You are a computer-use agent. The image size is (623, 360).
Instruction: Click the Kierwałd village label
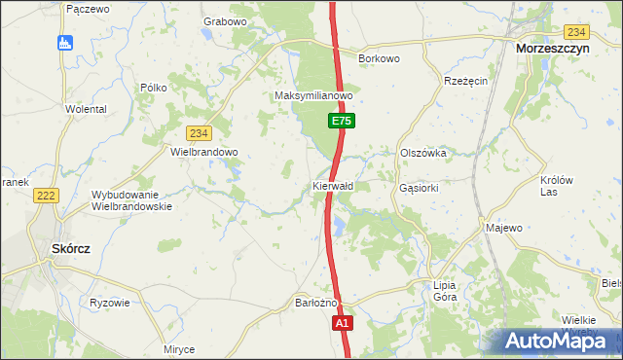(x=333, y=185)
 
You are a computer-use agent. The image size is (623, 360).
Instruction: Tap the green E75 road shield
(x=340, y=122)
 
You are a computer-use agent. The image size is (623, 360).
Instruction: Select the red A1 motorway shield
(x=341, y=323)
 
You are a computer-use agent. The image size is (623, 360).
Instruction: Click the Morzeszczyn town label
(x=560, y=48)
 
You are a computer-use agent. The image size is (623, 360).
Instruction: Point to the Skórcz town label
(x=70, y=249)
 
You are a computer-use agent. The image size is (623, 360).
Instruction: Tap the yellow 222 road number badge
(x=45, y=196)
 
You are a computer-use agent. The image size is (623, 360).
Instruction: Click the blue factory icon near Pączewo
(x=64, y=42)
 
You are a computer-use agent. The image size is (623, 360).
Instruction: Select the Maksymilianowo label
(x=312, y=97)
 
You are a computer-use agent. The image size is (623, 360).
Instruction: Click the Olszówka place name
(x=422, y=153)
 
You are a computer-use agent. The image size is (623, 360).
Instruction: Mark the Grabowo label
(x=225, y=21)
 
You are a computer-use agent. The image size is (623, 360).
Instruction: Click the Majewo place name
(x=504, y=228)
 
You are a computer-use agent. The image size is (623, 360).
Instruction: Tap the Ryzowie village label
(x=109, y=303)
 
